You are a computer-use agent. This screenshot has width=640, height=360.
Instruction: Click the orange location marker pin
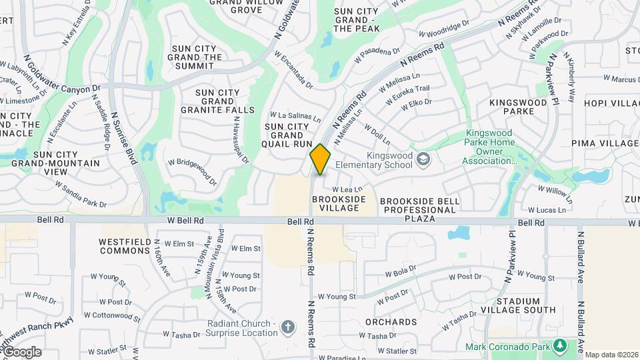(320, 159)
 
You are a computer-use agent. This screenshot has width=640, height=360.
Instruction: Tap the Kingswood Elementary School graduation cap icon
(423, 159)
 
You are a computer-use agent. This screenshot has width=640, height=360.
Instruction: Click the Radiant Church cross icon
(287, 327)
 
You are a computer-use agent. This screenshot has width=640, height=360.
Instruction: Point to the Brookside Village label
(339, 204)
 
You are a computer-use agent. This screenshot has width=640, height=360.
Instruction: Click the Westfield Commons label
(125, 246)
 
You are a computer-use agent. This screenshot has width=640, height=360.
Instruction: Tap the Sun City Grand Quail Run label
(288, 135)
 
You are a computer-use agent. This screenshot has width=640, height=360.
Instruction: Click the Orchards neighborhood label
(391, 322)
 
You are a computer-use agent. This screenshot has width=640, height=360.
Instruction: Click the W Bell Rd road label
(185, 220)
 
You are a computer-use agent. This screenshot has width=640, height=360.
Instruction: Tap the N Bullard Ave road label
(581, 259)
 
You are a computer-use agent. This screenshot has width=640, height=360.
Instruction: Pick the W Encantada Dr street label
(293, 72)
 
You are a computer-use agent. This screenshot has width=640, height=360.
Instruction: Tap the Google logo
(21, 352)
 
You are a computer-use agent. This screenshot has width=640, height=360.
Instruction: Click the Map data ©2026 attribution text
(611, 355)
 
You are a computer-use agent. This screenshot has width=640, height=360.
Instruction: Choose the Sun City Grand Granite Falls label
(225, 101)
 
